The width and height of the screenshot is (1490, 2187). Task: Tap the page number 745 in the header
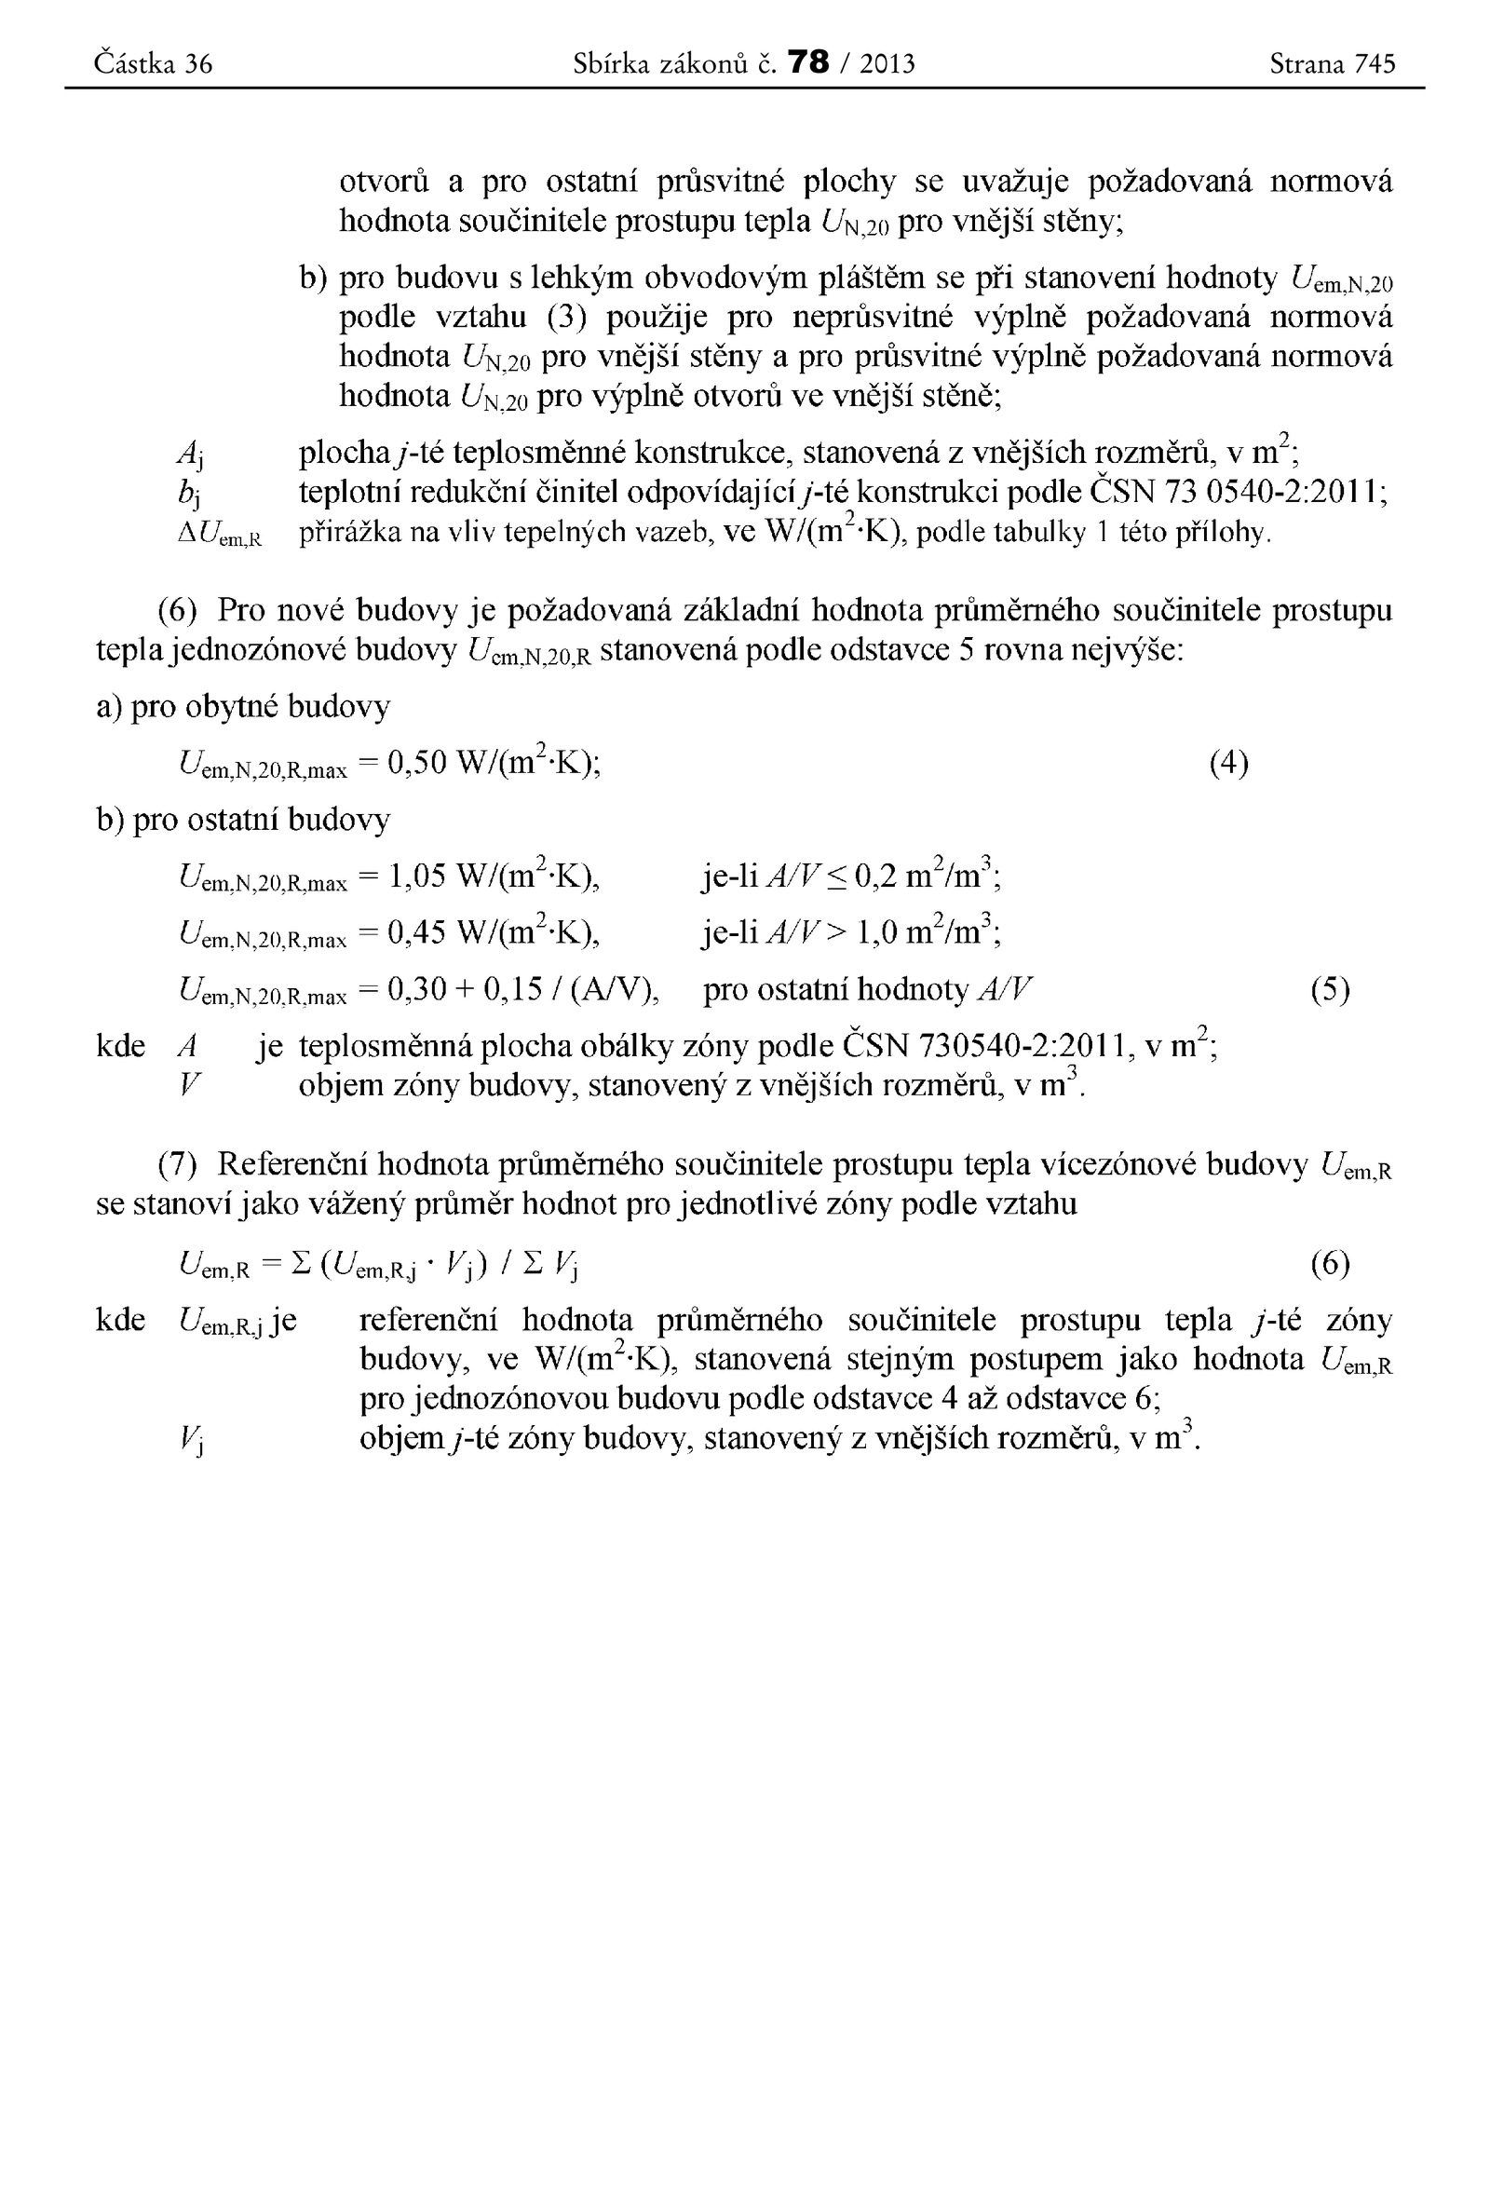point(1375,63)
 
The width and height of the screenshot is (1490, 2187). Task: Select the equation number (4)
point(1228,762)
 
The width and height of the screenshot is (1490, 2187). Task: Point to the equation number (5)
point(1330,989)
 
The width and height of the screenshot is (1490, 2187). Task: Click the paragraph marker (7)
point(177,1165)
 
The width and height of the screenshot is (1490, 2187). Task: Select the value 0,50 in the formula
point(415,762)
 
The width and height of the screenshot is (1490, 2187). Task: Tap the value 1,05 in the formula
point(415,877)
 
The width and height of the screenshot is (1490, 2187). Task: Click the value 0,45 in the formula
point(415,932)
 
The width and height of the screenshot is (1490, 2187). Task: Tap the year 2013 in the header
point(887,63)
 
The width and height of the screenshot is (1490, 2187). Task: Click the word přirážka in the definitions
point(347,534)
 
